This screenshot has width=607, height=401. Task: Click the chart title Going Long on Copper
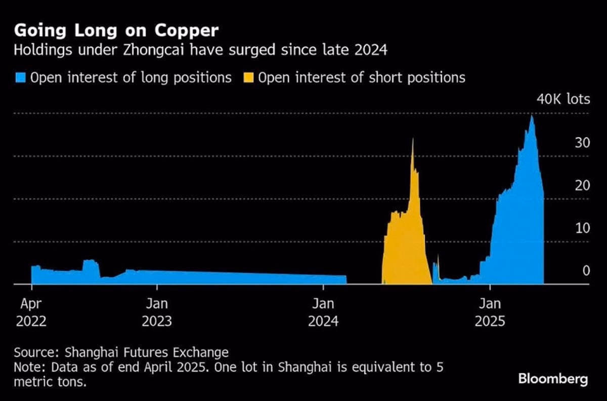(116, 31)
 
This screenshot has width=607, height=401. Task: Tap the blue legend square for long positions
(20, 78)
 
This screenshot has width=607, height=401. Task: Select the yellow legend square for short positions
(249, 78)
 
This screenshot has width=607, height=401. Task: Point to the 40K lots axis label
(562, 99)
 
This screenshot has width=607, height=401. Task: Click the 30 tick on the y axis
(582, 143)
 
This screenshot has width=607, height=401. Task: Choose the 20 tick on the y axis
(582, 185)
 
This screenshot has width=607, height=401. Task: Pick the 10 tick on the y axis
(582, 228)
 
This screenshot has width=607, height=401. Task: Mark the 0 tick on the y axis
(586, 271)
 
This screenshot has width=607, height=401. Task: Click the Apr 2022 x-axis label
(31, 312)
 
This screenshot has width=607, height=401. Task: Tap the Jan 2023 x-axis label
(156, 312)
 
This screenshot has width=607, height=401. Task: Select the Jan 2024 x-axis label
(323, 312)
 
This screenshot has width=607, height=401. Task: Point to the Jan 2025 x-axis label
(490, 312)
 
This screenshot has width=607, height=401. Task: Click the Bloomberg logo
(553, 379)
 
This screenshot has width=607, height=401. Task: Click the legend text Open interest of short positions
(362, 78)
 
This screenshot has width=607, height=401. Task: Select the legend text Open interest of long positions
(131, 78)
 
